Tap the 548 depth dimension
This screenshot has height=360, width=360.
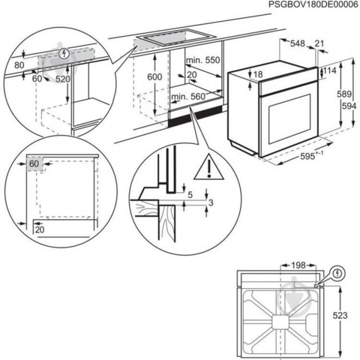pyautogui.click(x=297, y=43)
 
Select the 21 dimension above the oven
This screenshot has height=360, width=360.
pyautogui.click(x=319, y=43)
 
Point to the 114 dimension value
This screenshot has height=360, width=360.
pyautogui.click(x=330, y=70)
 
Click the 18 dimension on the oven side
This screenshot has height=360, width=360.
pyautogui.click(x=258, y=74)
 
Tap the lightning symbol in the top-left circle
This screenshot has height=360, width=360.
pyautogui.click(x=64, y=53)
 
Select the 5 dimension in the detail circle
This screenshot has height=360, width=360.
pyautogui.click(x=190, y=195)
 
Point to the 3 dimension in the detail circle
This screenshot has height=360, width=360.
pyautogui.click(x=211, y=203)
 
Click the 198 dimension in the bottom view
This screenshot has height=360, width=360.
pyautogui.click(x=295, y=265)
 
